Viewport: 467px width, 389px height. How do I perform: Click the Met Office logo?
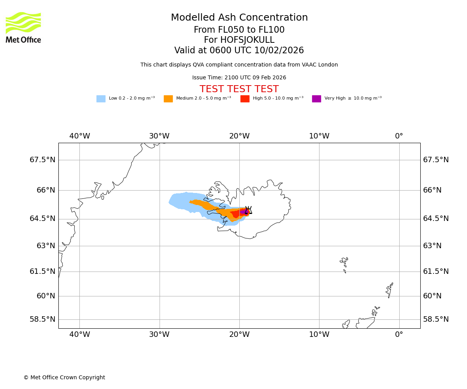coord(23,27)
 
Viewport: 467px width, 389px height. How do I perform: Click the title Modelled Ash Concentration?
coord(239,18)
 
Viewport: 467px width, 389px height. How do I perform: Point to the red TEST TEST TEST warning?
coord(239,89)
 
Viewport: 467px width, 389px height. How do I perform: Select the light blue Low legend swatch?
coord(101,99)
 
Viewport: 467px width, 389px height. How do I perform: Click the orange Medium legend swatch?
coord(168,99)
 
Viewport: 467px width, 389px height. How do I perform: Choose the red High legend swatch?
coord(245,99)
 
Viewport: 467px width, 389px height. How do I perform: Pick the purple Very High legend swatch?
coord(316,99)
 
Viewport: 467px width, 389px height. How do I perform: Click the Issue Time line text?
coord(239,78)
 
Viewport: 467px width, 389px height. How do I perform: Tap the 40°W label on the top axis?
coord(80,136)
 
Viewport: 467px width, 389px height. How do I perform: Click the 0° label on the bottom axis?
coord(399,335)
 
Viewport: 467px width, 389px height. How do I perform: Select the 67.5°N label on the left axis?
coord(42,160)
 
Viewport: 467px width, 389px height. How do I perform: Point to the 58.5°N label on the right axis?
coord(436,319)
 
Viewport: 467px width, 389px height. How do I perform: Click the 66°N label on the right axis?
coord(432,190)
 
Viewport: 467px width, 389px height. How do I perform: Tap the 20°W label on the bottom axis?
coord(239,335)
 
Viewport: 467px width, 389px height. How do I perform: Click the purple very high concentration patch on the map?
coord(244,212)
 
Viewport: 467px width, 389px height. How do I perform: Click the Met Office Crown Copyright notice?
coord(64,377)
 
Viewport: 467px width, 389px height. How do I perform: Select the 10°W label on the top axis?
coord(319,136)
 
